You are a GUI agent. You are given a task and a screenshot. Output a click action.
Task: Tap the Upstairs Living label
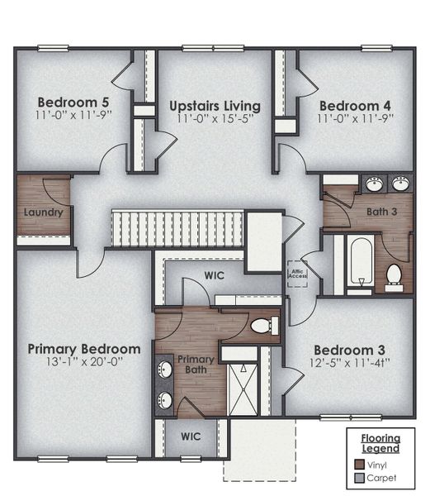pos(215,106)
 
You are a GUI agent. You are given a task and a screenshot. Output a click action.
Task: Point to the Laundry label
pos(43,212)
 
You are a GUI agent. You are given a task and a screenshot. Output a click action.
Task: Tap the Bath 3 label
pos(381,212)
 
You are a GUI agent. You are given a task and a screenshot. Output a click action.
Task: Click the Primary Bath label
pos(196,365)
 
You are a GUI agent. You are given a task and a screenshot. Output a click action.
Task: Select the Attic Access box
pos(297,274)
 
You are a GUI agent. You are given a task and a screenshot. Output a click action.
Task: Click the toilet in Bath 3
pos(394,276)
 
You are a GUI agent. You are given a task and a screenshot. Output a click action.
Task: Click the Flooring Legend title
pos(380,443)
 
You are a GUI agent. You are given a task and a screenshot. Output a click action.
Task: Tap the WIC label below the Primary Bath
pos(191,435)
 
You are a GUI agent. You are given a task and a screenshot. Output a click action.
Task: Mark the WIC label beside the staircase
pos(215,276)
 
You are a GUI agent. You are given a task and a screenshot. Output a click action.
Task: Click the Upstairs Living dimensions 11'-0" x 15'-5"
pos(215,120)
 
